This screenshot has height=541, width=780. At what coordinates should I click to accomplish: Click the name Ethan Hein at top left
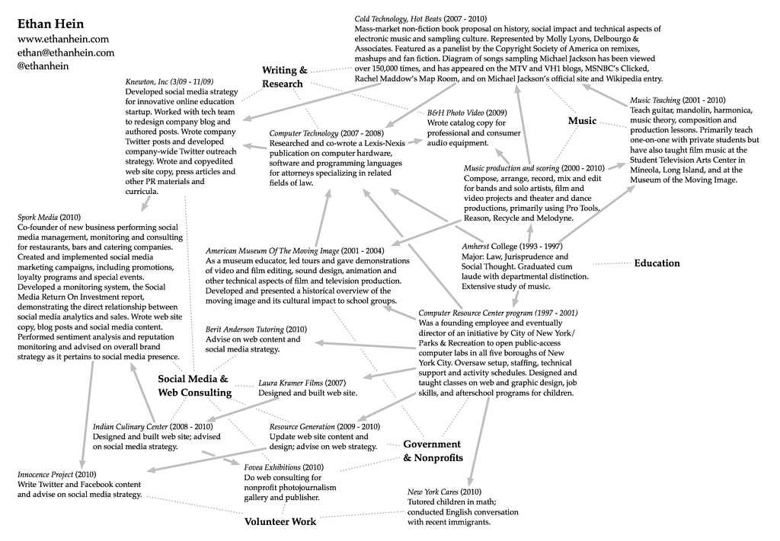click(52, 23)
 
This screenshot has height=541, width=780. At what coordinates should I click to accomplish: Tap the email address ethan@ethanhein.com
click(66, 53)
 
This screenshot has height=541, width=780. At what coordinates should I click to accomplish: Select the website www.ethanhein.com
click(63, 39)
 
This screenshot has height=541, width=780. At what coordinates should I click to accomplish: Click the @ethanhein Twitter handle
click(43, 66)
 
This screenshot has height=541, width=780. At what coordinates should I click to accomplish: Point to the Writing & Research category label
click(285, 77)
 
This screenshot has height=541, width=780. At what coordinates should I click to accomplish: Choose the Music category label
click(582, 121)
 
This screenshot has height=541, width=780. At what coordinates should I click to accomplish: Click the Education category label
click(657, 263)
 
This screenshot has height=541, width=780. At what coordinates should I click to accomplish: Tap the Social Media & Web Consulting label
click(194, 386)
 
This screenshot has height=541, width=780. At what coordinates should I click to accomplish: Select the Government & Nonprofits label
click(432, 450)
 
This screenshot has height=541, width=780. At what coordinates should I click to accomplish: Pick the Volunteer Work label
click(280, 522)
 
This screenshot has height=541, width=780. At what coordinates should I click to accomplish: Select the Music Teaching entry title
click(655, 100)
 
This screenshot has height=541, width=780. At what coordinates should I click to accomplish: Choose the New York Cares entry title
click(433, 492)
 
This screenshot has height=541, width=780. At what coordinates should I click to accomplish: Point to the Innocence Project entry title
click(45, 475)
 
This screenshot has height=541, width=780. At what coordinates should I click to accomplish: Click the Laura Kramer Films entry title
click(291, 383)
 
